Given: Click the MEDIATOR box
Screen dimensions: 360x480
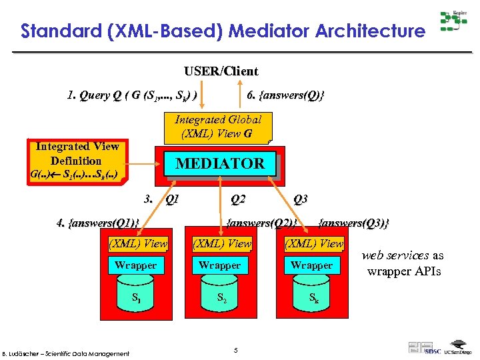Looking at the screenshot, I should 219,163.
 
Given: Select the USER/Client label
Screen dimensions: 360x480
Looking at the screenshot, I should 221,71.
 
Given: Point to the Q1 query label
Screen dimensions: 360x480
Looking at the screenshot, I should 171,199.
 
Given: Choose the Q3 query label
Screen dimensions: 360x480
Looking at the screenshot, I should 300,199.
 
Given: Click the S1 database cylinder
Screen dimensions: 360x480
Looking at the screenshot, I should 135,296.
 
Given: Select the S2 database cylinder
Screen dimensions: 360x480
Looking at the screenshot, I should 220,296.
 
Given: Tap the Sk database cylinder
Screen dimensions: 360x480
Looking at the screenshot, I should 311,296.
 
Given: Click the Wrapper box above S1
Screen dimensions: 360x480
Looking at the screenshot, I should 135,265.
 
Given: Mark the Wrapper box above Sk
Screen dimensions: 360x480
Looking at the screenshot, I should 311,265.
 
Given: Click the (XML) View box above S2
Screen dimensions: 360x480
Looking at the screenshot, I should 221,244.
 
